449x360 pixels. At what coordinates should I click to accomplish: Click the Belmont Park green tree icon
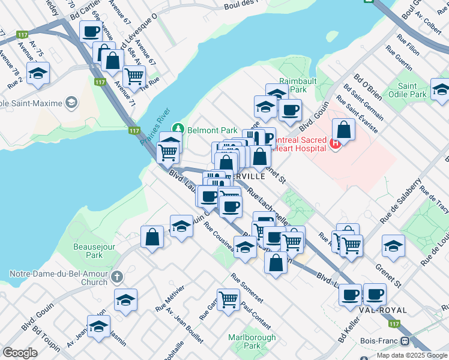178,128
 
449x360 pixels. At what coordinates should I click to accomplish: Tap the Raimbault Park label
288,84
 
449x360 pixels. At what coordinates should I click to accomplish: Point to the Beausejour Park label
93,250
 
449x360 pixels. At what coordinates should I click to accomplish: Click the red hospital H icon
335,143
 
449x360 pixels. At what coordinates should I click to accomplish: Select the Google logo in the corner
20,353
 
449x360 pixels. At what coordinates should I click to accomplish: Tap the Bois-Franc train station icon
405,341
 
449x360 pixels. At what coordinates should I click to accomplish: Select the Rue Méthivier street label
170,297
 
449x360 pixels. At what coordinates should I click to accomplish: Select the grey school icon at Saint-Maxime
71,103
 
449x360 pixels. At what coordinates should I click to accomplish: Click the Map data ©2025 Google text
412,355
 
